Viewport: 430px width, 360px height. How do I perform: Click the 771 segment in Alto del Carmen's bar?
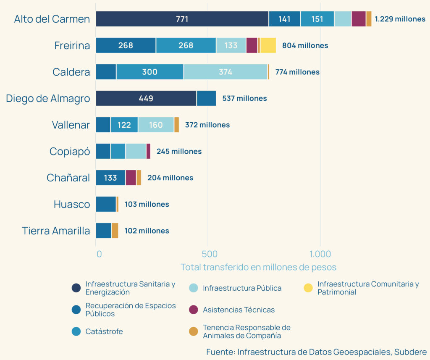coord(182,19)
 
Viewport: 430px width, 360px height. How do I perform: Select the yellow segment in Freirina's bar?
coord(268,45)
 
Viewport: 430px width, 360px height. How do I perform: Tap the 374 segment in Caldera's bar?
coord(225,72)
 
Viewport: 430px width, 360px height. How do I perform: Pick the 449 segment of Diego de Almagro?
coord(146,98)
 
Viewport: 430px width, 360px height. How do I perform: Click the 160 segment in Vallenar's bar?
coord(155,125)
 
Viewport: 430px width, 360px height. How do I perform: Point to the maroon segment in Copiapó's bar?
coord(148,151)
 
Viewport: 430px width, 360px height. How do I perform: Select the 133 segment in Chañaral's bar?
coord(110,178)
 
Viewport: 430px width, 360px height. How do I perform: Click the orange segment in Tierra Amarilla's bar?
coord(115,231)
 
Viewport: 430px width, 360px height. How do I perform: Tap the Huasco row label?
coord(72,205)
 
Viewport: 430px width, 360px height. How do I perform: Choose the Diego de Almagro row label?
coord(48,99)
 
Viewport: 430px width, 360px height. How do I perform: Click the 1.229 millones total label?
coord(400,19)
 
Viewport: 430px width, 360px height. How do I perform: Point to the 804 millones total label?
coord(305,45)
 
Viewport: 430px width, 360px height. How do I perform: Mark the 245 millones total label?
coord(179,151)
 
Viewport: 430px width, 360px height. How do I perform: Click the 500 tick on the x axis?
coord(209,254)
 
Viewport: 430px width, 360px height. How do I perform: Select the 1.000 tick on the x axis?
coord(320,254)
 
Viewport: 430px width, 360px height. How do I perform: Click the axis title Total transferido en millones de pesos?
coord(258,267)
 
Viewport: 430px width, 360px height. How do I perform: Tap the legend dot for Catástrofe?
coord(76,331)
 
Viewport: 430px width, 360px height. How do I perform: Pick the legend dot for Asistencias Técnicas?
coord(193,310)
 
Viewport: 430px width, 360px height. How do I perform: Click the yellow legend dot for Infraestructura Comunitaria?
coord(308,288)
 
